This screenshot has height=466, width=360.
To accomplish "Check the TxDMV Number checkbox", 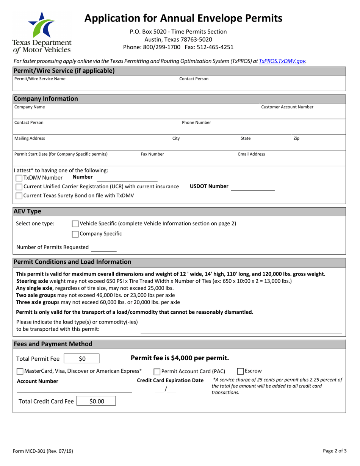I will pyautogui.click(x=19, y=178).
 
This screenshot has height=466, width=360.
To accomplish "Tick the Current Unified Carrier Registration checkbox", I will pyautogui.click(x=19, y=187).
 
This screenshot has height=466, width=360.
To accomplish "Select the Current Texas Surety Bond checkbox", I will pyautogui.click(x=19, y=196).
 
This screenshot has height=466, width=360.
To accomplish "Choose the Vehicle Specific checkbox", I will pyautogui.click(x=75, y=224).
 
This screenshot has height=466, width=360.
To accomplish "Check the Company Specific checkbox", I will pyautogui.click(x=75, y=234).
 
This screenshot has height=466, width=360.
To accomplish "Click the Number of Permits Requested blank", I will pyautogui.click(x=103, y=248).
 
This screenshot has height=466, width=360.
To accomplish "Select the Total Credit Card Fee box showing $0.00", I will pyautogui.click(x=96, y=401).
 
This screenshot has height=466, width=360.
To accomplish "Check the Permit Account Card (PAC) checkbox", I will pyautogui.click(x=157, y=371).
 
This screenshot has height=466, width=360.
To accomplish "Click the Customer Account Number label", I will pyautogui.click(x=287, y=107).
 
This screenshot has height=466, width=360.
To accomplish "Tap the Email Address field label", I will pyautogui.click(x=251, y=154).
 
